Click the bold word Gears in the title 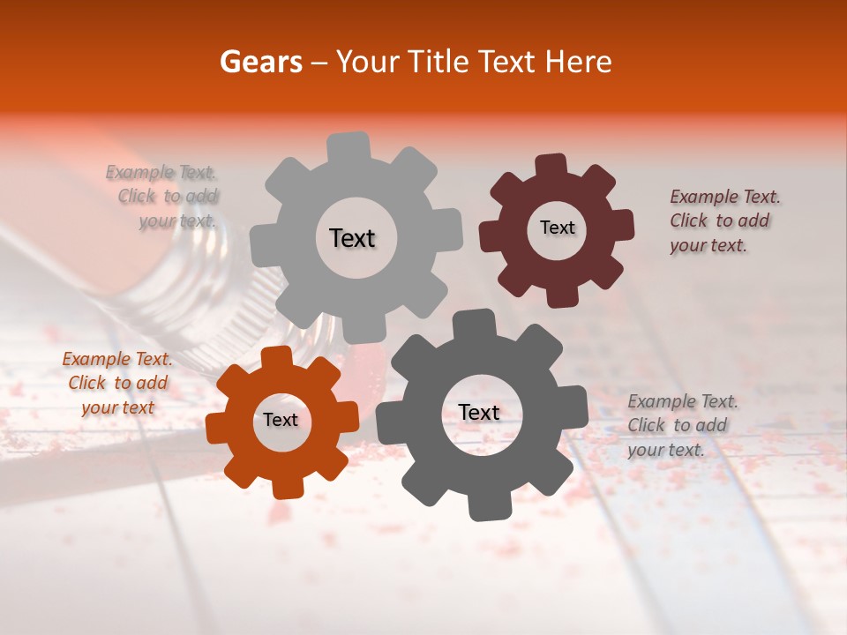(x=261, y=62)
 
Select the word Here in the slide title (x=578, y=62)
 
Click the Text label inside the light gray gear (x=352, y=238)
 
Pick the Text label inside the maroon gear (x=557, y=228)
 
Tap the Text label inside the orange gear (x=281, y=420)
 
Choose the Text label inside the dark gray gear (x=479, y=412)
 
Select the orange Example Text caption (x=117, y=383)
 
